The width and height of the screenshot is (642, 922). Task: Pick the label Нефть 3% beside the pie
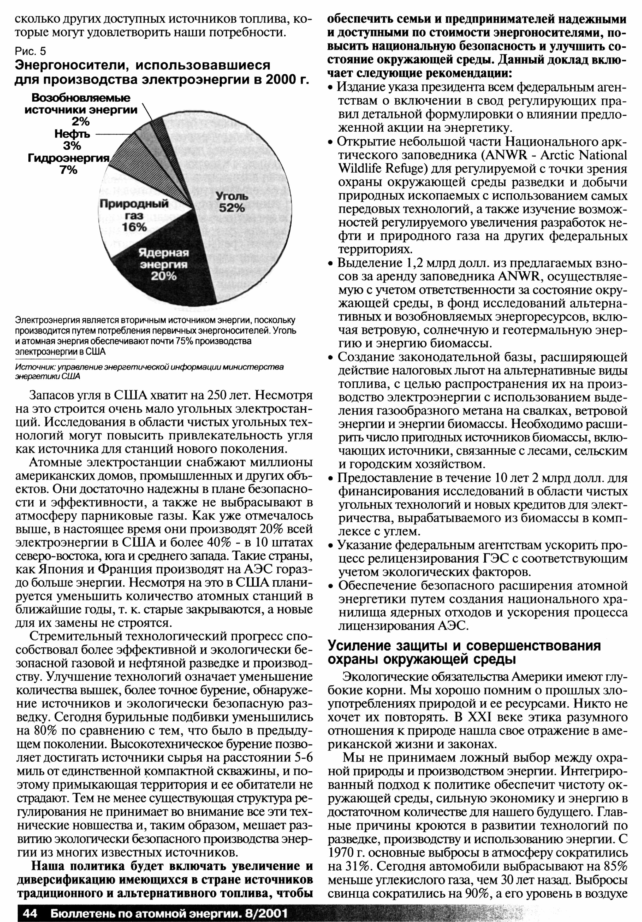point(72,139)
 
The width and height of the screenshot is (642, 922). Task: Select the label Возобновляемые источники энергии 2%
point(80,109)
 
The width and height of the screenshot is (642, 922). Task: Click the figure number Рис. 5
point(30,51)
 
